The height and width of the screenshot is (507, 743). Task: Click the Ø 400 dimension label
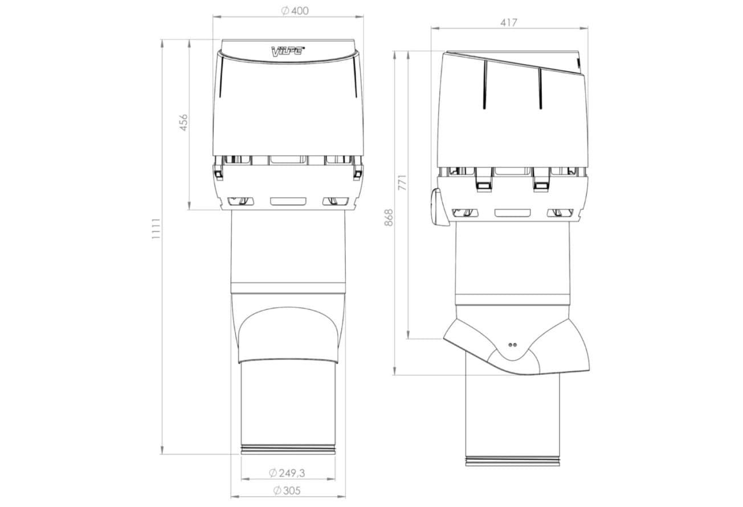pos(295,11)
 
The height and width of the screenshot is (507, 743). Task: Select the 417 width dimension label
pos(508,23)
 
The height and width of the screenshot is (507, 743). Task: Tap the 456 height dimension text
pos(183,122)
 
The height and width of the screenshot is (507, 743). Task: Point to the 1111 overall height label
pos(156,229)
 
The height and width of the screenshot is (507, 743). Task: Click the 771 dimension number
pos(402,182)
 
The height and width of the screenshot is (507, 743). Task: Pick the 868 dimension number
pos(389,218)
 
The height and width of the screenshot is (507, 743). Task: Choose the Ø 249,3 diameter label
pos(287,473)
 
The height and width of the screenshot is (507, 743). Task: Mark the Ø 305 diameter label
pos(287,490)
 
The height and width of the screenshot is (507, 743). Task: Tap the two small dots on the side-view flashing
pos(512,345)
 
